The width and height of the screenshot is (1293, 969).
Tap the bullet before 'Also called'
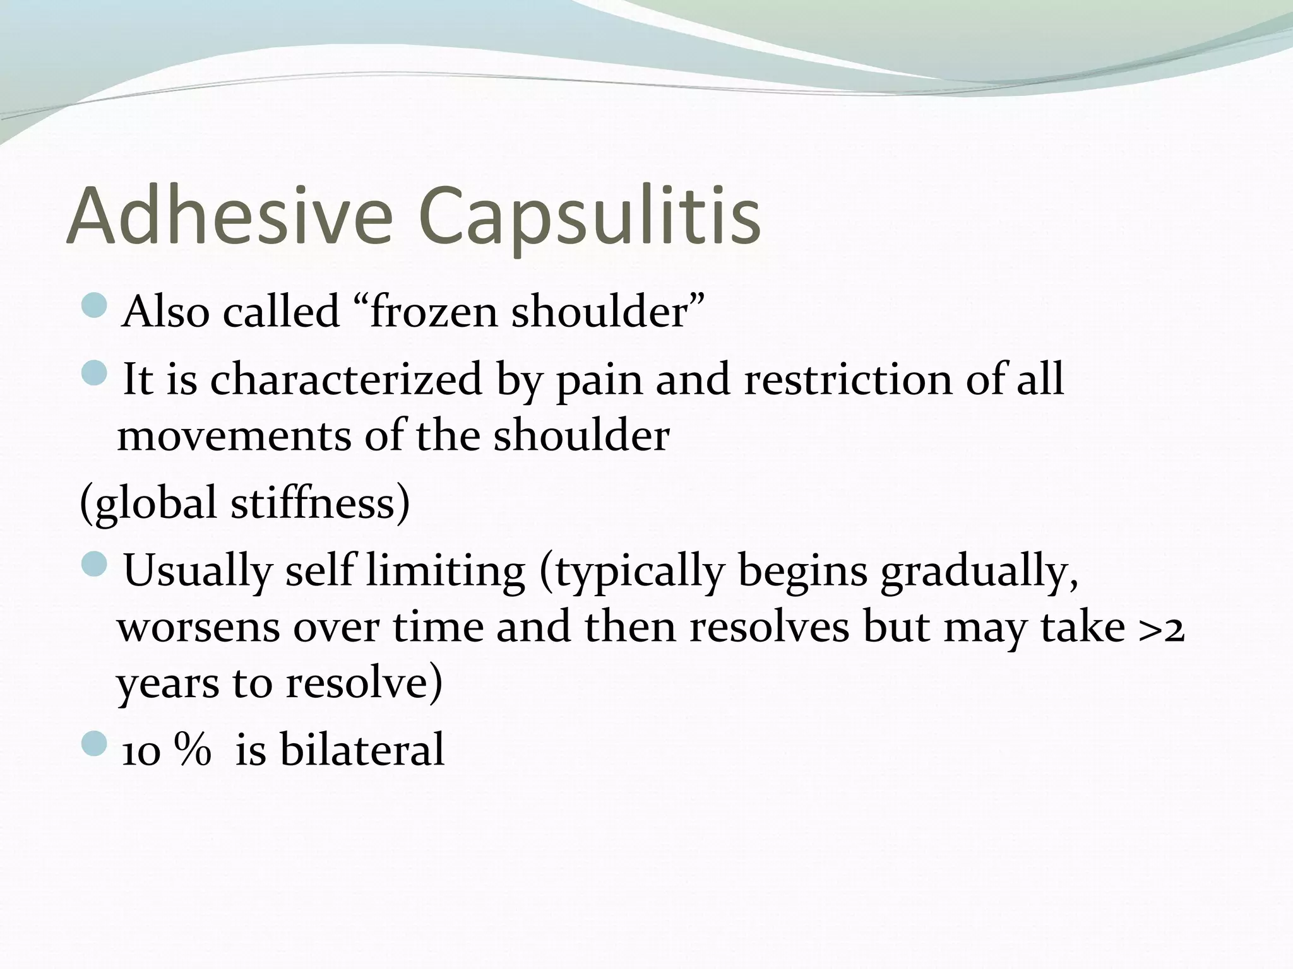(x=95, y=305)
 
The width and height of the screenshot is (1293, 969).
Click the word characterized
(x=346, y=380)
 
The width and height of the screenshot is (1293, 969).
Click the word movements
(x=234, y=436)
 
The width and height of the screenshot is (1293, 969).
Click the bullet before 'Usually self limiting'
(x=95, y=563)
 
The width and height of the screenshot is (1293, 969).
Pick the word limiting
(x=445, y=570)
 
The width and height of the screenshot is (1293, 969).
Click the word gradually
(x=979, y=570)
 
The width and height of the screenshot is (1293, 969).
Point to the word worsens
(x=198, y=627)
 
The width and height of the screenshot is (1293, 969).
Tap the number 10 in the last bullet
(x=140, y=751)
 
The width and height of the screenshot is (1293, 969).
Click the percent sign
(x=193, y=750)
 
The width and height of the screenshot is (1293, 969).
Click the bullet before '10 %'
(x=95, y=744)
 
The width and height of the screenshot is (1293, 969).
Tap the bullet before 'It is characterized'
(x=95, y=373)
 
